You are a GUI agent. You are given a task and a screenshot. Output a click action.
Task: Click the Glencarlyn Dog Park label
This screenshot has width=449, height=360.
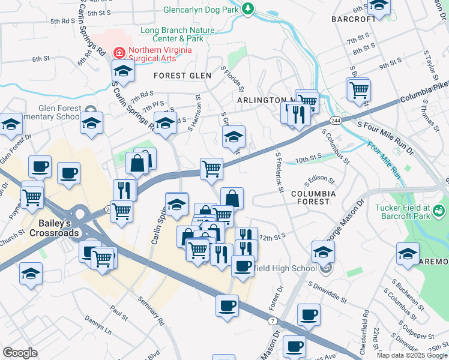(x=200, y=10)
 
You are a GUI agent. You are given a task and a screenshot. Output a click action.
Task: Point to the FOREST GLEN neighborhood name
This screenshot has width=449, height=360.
(x=182, y=76)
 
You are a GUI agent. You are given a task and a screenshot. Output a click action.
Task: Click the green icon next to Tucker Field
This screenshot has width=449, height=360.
(x=439, y=211)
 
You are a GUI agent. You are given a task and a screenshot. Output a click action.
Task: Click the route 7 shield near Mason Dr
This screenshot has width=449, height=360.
(x=273, y=323)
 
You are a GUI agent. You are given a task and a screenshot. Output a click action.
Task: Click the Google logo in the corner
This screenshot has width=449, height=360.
(x=20, y=353)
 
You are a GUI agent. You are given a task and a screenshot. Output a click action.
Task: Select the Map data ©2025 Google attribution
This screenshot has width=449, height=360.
(x=411, y=355)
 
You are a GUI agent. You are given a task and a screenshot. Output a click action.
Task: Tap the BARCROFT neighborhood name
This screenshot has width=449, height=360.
(x=354, y=19)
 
